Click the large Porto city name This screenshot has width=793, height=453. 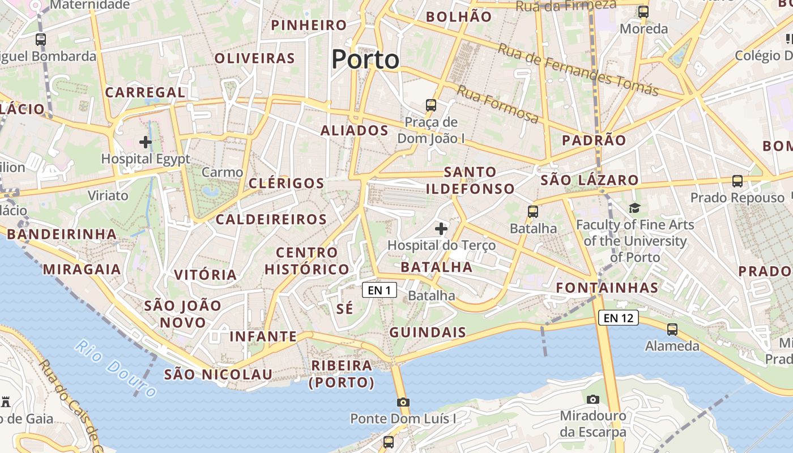coord(365,59)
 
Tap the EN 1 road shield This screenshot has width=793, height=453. coord(380,290)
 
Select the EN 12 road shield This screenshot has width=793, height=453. coord(618,318)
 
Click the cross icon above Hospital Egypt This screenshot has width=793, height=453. coord(146,142)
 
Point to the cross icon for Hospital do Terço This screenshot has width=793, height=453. coord(441,229)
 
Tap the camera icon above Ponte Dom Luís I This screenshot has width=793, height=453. coord(403,402)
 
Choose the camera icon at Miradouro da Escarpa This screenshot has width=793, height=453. coord(593,399)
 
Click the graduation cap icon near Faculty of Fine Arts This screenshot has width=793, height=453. coord(634,208)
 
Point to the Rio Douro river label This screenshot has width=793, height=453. coord(116,368)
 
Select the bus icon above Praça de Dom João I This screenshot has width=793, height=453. coord(431,105)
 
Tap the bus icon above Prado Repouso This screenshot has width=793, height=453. coord(737,181)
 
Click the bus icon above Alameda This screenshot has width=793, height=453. coord(672,329)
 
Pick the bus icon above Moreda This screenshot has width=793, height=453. coord(643,11)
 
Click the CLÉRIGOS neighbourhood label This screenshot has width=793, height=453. coord(286,183)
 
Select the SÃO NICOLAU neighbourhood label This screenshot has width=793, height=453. coord(218,374)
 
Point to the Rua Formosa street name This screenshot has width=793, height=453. coord(498,105)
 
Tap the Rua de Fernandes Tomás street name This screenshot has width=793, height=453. coord(578,70)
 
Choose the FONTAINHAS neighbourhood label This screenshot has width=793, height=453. coord(607,288)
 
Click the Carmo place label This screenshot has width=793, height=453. coord(222,172)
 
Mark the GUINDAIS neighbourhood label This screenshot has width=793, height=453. coord(428,332)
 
